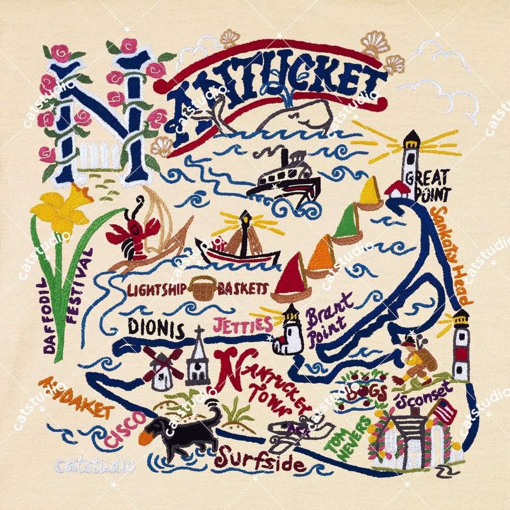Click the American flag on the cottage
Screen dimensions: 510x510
444,411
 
